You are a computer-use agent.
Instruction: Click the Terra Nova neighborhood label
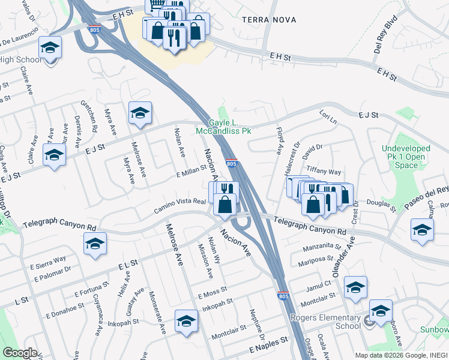[269, 20]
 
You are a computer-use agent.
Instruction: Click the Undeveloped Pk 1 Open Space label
[406, 157]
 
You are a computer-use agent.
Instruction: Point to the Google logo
[20, 352]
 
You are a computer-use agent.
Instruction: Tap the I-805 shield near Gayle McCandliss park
[232, 163]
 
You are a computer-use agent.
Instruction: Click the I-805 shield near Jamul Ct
[283, 296]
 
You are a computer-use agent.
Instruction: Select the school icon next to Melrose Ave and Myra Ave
[140, 113]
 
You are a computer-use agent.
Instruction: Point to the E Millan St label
[191, 173]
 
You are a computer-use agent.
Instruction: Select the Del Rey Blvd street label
[385, 39]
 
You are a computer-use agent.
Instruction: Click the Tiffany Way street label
[324, 171]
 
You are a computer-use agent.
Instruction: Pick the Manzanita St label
[321, 246]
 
